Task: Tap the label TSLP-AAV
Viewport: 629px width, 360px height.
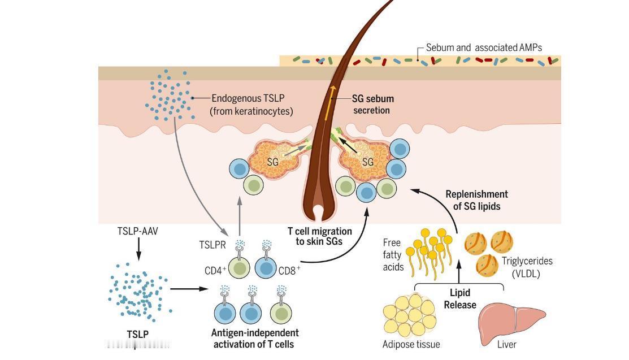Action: pos(138,231)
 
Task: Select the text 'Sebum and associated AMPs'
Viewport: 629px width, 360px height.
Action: pos(484,47)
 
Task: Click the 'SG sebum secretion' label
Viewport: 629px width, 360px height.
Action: pos(372,104)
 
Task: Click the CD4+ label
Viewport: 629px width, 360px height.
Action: pos(215,270)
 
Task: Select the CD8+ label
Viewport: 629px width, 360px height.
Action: pos(289,271)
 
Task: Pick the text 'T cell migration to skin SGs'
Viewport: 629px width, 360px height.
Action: pos(320,236)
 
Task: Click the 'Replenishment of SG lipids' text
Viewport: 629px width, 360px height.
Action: pos(476,200)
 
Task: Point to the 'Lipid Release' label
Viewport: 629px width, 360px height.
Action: pos(460,299)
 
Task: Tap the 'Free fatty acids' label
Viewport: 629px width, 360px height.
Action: pos(392,255)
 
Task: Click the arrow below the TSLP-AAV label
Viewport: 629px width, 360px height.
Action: pos(138,248)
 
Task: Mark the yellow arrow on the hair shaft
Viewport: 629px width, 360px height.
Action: pos(329,102)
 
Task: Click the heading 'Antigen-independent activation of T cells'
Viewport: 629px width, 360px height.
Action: pos(255,338)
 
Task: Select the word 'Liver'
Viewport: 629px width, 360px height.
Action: pos(506,344)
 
